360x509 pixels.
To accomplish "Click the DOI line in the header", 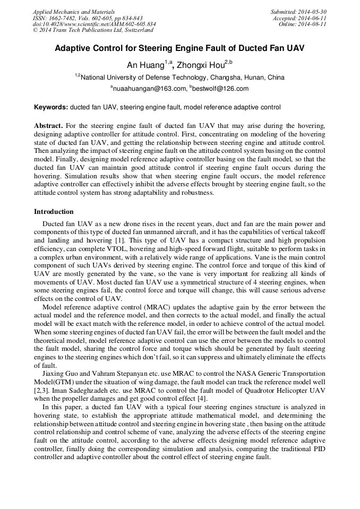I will [94, 24].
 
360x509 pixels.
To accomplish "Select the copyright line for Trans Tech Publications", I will [93, 30].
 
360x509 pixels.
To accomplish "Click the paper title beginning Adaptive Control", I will [179, 48].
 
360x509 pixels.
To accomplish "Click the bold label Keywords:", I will [51, 107].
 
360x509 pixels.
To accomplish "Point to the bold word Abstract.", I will [48, 126].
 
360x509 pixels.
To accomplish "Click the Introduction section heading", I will [54, 212].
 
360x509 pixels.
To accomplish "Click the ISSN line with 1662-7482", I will [88, 18].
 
